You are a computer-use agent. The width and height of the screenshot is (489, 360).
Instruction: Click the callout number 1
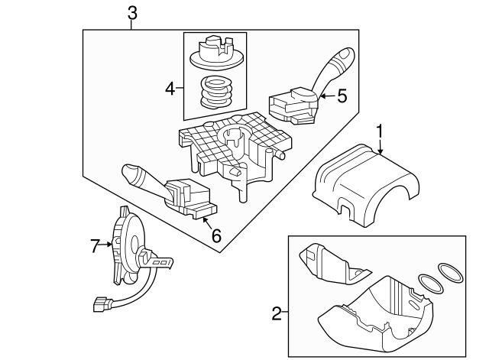377,131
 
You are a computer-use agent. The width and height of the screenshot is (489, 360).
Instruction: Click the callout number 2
277,313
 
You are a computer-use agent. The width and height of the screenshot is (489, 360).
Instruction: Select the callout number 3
132,12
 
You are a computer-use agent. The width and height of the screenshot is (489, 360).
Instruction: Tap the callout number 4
170,89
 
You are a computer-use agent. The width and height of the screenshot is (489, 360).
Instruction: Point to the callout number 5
342,96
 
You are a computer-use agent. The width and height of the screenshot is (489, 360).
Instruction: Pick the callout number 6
216,235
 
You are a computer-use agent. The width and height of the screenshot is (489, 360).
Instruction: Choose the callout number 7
96,245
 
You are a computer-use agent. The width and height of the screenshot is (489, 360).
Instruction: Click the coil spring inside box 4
216,94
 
